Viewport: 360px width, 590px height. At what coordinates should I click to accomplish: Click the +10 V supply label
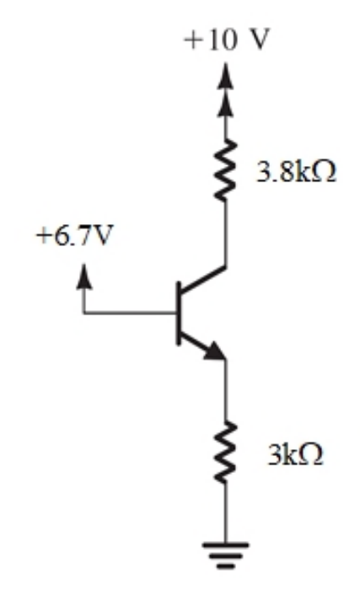click(x=227, y=40)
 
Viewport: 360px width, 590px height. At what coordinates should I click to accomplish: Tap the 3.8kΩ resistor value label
click(x=296, y=172)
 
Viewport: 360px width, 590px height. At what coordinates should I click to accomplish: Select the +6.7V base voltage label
click(x=74, y=235)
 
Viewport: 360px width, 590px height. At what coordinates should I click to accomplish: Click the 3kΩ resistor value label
click(x=295, y=453)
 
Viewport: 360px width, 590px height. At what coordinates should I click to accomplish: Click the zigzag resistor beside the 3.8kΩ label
click(x=226, y=169)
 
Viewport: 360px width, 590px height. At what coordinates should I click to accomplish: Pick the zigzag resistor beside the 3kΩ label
click(x=226, y=452)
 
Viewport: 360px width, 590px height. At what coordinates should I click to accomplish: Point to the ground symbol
click(x=226, y=555)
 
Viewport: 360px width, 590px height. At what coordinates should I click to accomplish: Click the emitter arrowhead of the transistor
click(x=215, y=351)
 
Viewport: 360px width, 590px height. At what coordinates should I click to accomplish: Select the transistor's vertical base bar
click(x=179, y=313)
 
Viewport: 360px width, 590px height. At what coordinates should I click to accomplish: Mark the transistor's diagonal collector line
click(x=203, y=280)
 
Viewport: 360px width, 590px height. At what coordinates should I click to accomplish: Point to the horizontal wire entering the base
click(x=130, y=313)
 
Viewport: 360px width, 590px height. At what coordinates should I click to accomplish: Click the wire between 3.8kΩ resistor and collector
click(x=226, y=233)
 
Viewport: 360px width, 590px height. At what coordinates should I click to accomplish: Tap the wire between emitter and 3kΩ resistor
click(x=226, y=390)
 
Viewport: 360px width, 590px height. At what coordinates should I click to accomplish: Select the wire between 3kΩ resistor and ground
click(x=226, y=512)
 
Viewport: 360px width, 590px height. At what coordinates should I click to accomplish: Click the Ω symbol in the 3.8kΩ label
click(x=324, y=172)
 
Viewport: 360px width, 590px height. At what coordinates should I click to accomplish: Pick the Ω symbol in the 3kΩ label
click(x=310, y=453)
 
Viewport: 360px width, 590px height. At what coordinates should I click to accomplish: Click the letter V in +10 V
click(x=260, y=40)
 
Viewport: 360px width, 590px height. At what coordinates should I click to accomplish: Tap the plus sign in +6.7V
click(x=43, y=236)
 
